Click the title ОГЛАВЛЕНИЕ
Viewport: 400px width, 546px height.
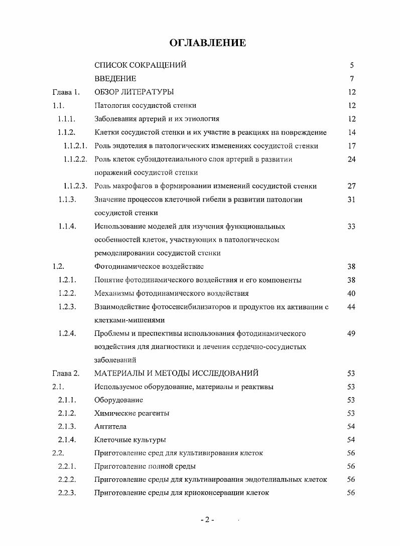click(x=208, y=43)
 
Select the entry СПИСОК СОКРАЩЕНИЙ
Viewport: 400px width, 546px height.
click(x=140, y=65)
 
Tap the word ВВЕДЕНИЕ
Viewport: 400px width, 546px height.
click(x=115, y=79)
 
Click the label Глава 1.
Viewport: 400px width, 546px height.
click(x=66, y=92)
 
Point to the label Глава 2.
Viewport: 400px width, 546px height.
click(x=66, y=373)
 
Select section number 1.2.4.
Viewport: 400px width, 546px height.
click(x=67, y=333)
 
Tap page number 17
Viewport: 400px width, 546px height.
click(x=351, y=146)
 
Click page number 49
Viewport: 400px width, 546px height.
click(x=351, y=333)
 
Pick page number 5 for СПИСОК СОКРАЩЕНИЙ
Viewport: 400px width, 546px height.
click(x=352, y=65)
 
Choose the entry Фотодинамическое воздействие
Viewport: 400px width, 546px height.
click(x=149, y=266)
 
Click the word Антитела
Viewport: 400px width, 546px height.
click(x=110, y=427)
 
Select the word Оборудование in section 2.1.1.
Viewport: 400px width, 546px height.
click(x=118, y=400)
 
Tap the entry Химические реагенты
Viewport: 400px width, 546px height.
click(x=131, y=413)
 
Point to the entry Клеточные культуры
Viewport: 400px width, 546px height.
click(x=130, y=440)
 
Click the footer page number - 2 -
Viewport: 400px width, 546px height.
click(x=207, y=520)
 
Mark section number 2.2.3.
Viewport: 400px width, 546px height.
click(x=67, y=493)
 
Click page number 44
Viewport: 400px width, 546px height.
click(x=351, y=307)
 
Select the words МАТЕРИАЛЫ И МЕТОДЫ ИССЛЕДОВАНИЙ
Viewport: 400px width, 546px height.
click(x=176, y=373)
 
